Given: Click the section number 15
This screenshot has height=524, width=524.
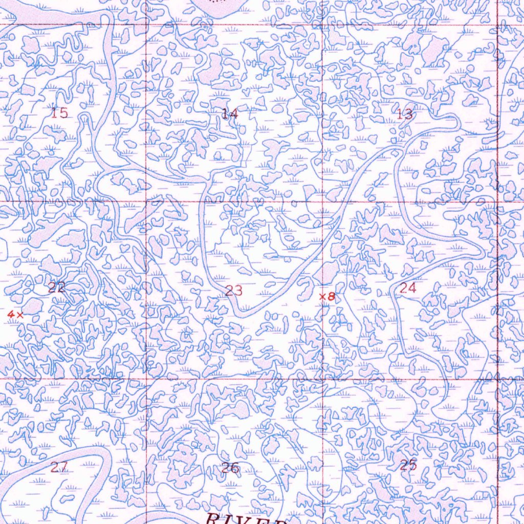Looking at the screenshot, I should pos(60,113).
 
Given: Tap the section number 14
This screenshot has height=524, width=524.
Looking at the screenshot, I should pos(230,114).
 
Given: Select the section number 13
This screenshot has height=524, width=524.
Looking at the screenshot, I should pos(405,114).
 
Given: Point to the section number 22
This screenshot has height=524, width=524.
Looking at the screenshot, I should pos(56,288).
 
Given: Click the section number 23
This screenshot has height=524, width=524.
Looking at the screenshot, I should pos(234,291).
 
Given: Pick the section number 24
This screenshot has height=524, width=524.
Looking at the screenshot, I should pos(408,288).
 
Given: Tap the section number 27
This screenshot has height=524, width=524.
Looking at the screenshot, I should pos(59,467).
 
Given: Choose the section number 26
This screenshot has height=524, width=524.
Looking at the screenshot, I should pos(230,467).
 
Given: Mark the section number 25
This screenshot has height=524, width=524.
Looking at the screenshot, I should pos(408,465).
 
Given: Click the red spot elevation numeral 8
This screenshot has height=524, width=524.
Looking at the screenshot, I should pos(331,296).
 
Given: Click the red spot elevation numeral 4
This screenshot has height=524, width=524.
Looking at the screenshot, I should pos(10,315).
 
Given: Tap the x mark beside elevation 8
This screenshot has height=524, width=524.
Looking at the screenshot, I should pos(322,296).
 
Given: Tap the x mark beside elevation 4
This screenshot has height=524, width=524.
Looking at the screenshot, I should pos(19,315).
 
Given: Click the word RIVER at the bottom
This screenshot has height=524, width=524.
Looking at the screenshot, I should pos(246,519).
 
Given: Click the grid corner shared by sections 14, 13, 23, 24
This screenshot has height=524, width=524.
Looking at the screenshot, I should pos(322,202).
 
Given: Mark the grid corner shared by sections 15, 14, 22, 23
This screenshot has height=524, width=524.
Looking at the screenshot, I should pos(147,202).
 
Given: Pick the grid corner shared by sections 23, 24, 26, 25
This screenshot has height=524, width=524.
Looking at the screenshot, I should pos(322,379).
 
